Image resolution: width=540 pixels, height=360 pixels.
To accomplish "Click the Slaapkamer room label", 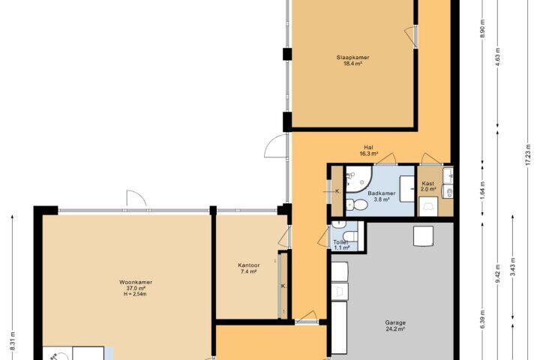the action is point(352,58).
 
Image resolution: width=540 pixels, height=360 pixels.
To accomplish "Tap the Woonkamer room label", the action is point(136,282).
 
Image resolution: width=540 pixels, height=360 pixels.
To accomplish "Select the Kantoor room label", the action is point(249,265).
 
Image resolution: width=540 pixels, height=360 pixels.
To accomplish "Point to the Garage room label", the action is point(395,322).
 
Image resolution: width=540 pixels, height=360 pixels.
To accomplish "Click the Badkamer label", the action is point(382,193).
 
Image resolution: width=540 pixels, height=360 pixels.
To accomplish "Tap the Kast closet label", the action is point(427,184).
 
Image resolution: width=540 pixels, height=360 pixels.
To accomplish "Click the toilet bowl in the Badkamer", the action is point(358,205).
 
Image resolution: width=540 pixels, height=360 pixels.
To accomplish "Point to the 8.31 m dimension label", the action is point(13,340).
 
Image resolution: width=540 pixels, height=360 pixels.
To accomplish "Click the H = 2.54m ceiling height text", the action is point(135,294).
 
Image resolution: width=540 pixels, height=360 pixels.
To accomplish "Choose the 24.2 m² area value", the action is point(395,329).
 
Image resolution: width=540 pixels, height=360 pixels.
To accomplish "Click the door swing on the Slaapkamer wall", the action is point(411,36).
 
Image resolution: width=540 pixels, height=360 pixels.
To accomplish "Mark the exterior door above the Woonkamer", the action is point(136,199).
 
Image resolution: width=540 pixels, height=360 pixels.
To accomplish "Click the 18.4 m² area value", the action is point(352,64).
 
